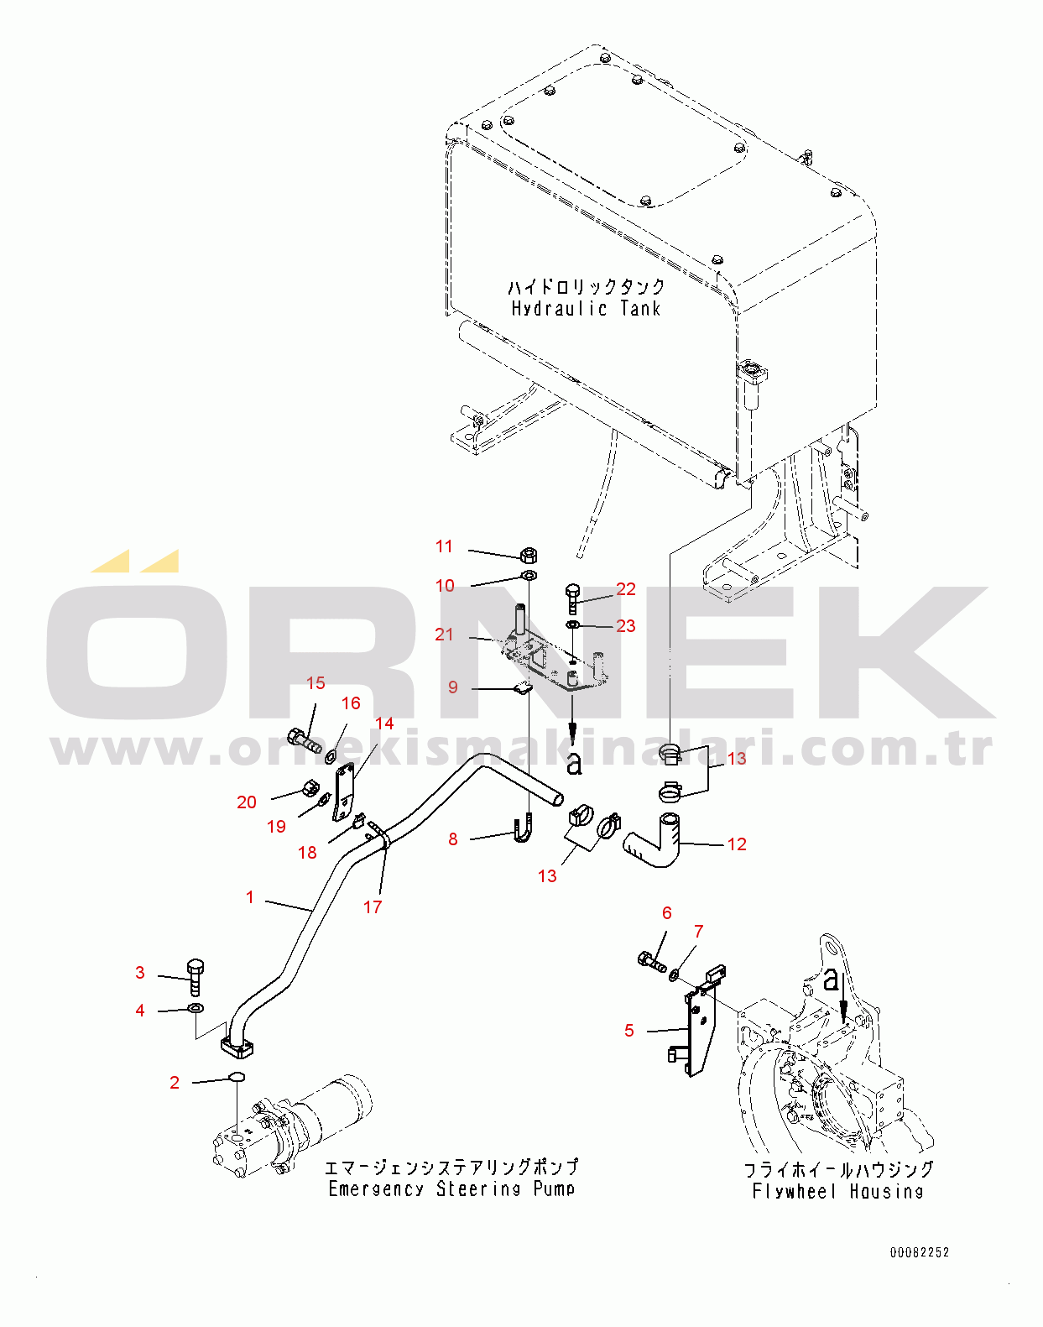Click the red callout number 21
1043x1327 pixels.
pyautogui.click(x=444, y=634)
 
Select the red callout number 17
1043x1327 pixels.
pyautogui.click(x=373, y=906)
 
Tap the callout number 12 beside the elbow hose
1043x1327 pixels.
pyautogui.click(x=737, y=844)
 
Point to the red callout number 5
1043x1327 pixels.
pyautogui.click(x=628, y=1030)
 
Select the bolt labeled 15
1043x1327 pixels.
pyautogui.click(x=305, y=739)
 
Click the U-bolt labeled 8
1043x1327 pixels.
pyautogui.click(x=522, y=828)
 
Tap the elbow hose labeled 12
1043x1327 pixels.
pyautogui.click(x=654, y=840)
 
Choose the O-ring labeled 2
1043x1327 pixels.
pyautogui.click(x=237, y=1076)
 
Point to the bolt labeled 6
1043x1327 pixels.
pyautogui.click(x=652, y=961)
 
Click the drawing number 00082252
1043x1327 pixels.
pyautogui.click(x=919, y=1251)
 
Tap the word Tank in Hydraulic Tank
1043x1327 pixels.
pyautogui.click(x=640, y=308)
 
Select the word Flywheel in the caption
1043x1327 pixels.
pyautogui.click(x=794, y=1191)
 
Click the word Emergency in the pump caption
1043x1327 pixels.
pyautogui.click(x=376, y=1189)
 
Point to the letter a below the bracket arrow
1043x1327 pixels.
pyautogui.click(x=574, y=764)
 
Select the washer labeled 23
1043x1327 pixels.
pyautogui.click(x=572, y=626)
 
